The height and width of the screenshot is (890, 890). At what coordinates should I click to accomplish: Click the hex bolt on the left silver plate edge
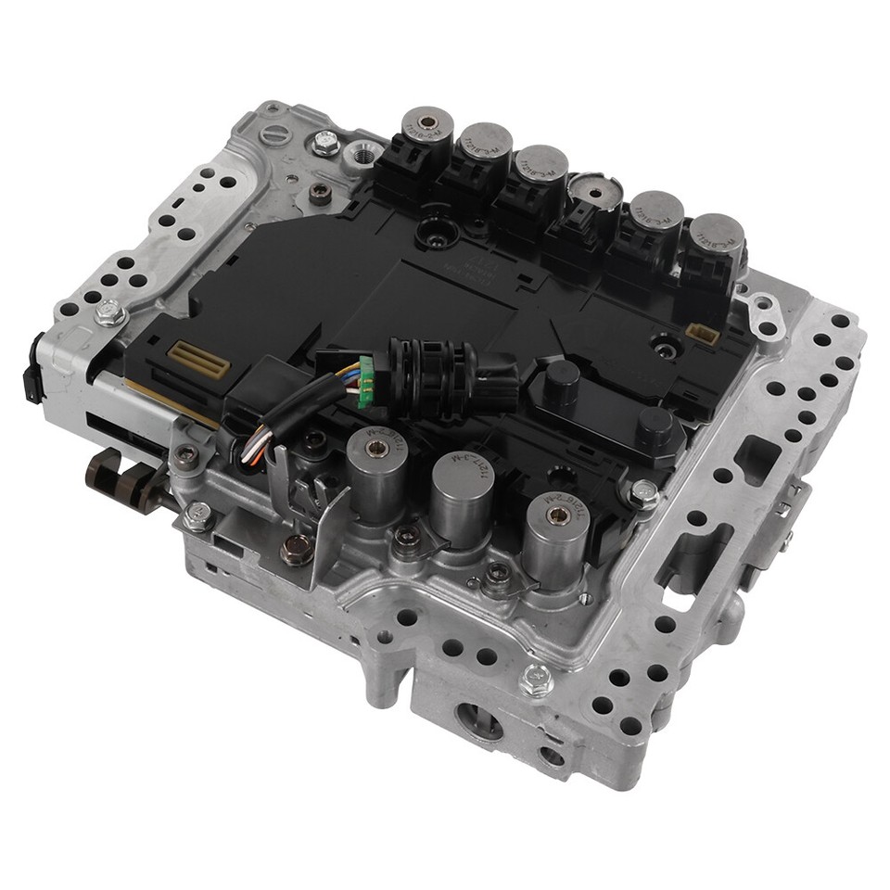(108, 313)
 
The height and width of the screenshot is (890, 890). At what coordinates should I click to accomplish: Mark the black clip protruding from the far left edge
(34, 371)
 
